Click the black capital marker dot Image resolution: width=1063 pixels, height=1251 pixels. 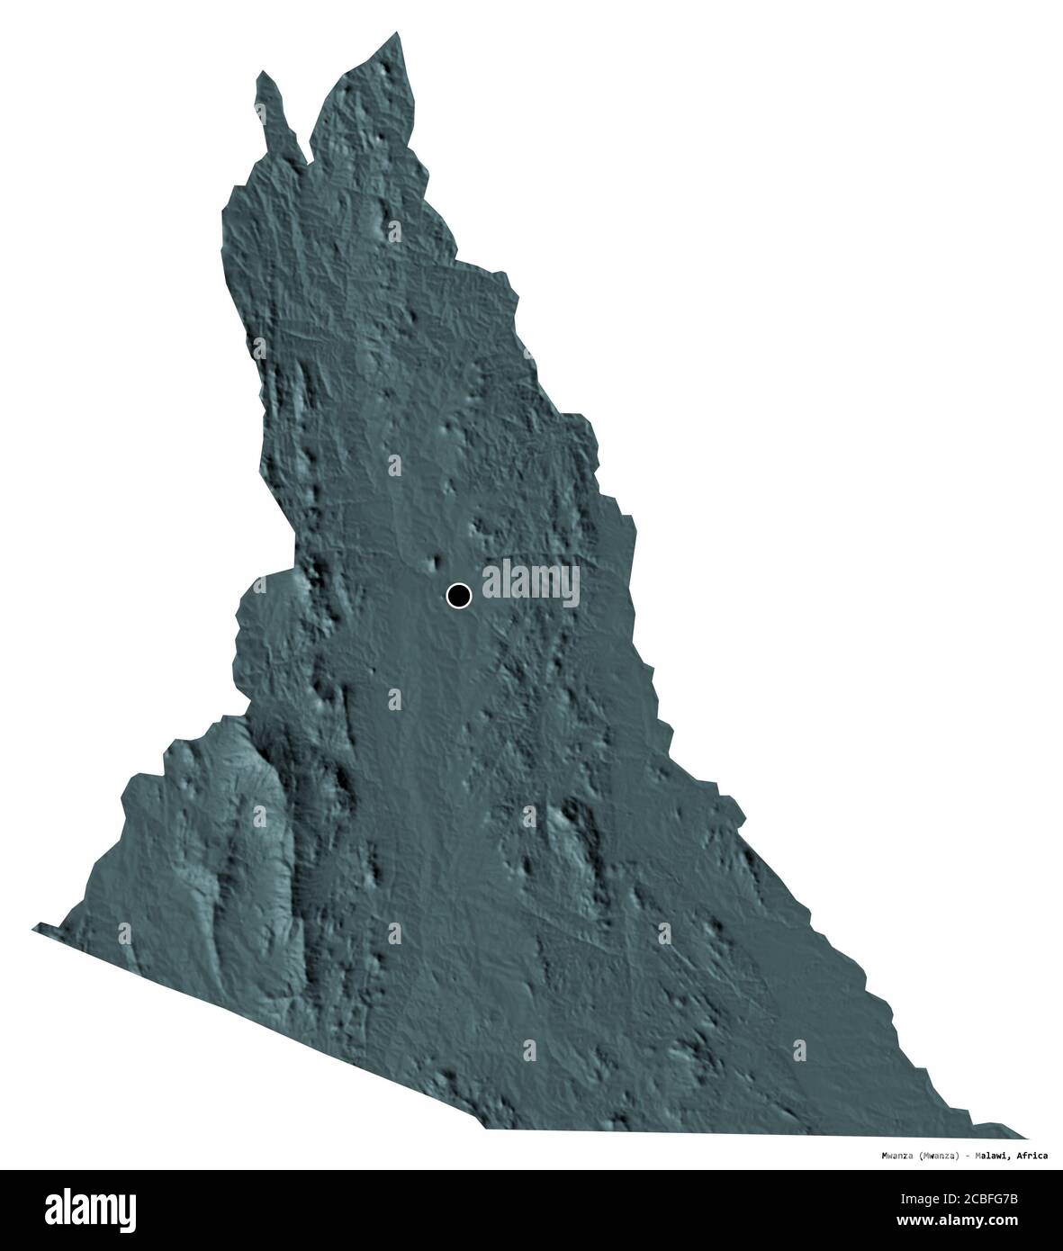pyautogui.click(x=458, y=595)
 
